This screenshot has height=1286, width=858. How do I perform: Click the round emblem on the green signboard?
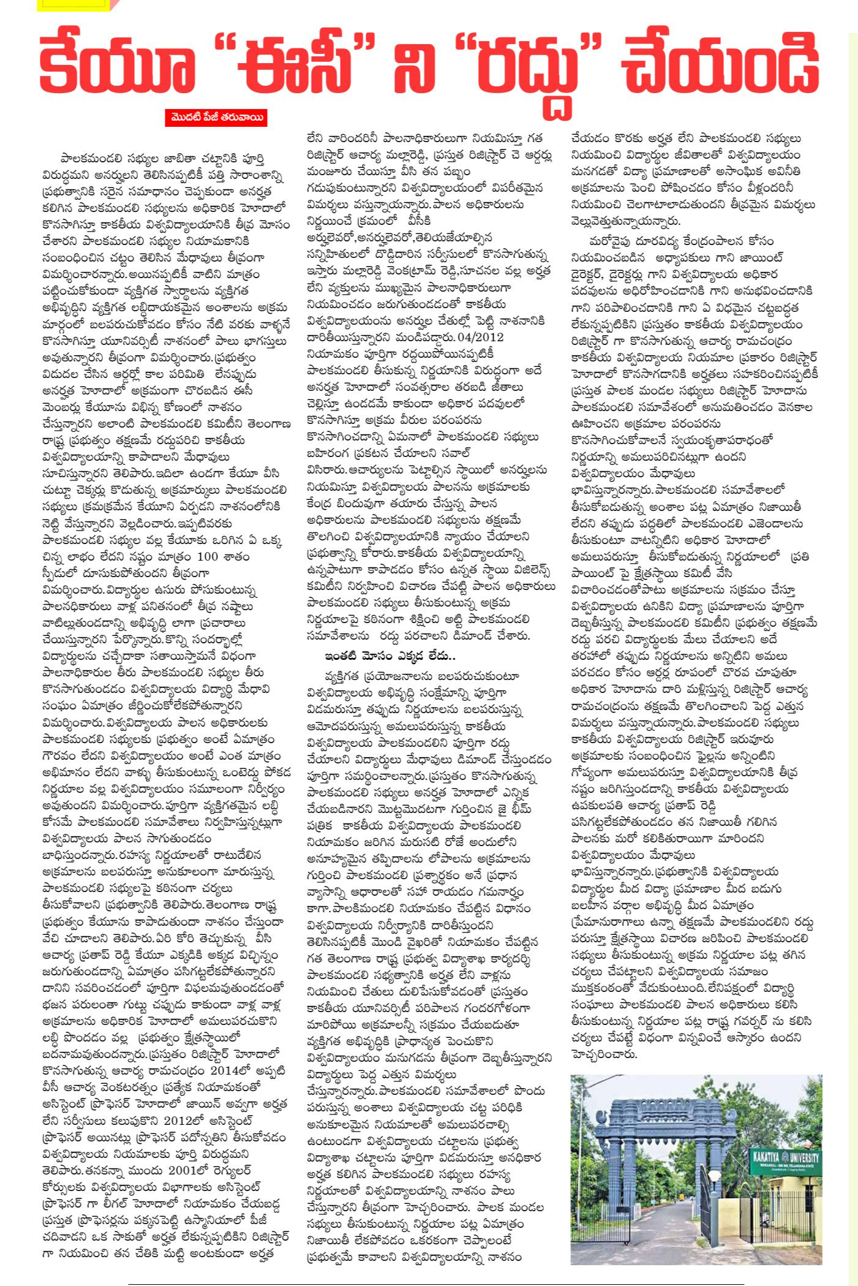[755, 1157]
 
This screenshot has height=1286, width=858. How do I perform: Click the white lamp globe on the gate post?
[714, 1176]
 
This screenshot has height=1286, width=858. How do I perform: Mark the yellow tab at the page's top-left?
[72, 5]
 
